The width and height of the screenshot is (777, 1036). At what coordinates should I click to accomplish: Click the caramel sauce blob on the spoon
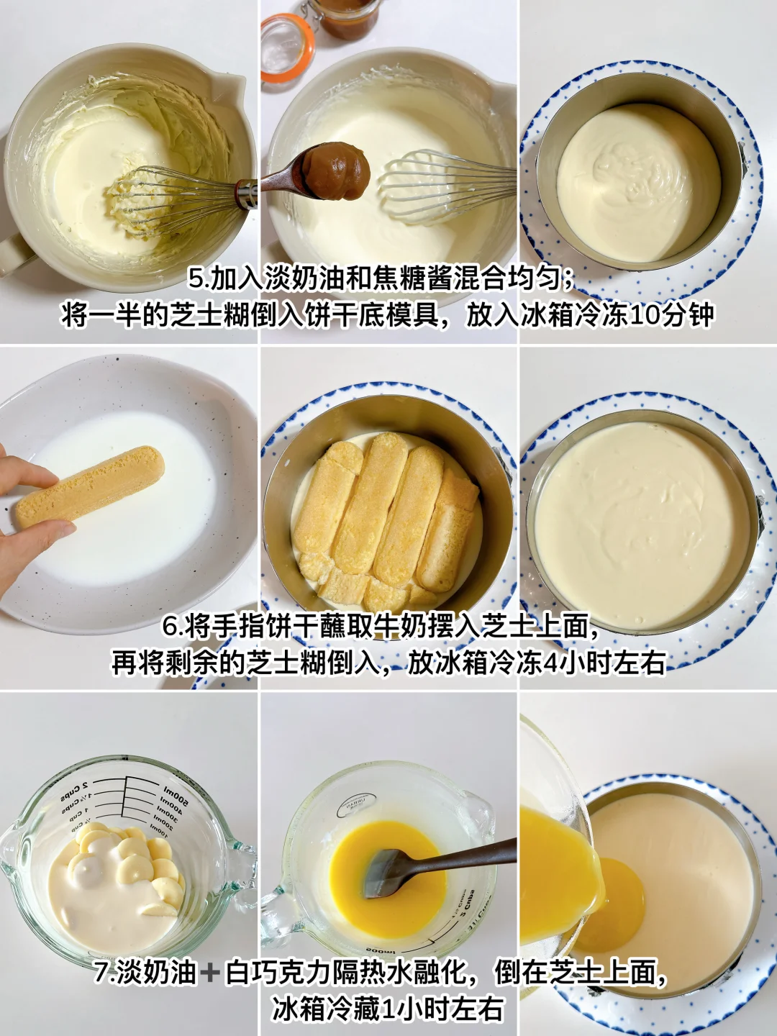coord(335,171)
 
